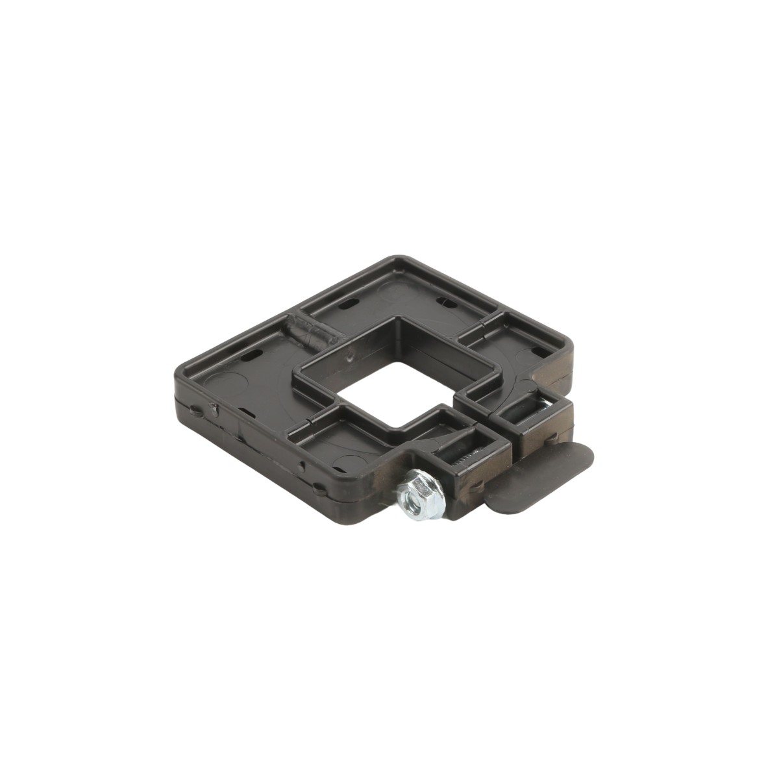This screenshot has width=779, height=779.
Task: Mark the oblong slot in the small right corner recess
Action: coord(538,351)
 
